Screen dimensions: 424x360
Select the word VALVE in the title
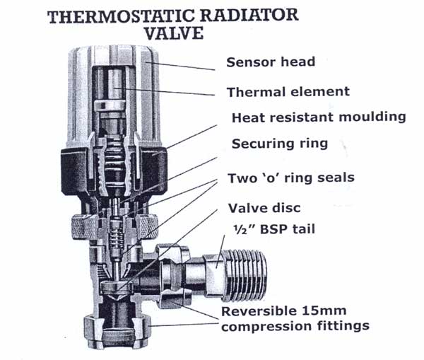click(x=174, y=33)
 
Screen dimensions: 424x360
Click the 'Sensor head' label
click(x=271, y=62)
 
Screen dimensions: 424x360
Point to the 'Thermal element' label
click(x=288, y=92)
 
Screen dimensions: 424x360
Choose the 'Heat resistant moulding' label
click(x=319, y=117)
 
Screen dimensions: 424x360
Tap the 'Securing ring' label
click(x=280, y=144)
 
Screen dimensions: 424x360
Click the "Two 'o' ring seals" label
click(x=291, y=178)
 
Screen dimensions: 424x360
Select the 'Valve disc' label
click(x=264, y=208)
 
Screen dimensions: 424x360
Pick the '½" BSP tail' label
click(x=274, y=229)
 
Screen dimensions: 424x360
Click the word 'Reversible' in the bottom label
click(x=259, y=311)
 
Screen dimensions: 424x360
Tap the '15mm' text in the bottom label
click(x=324, y=310)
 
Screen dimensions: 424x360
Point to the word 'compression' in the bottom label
click(x=266, y=326)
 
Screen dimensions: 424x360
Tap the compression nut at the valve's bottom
click(x=117, y=331)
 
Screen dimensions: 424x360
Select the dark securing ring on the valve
click(x=114, y=171)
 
